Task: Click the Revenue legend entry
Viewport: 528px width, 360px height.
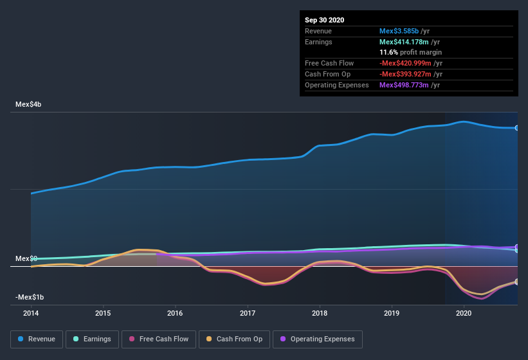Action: pyautogui.click(x=37, y=339)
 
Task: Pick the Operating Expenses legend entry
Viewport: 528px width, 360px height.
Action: pyautogui.click(x=317, y=339)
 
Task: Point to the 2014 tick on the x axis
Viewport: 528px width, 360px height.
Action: pyautogui.click(x=31, y=314)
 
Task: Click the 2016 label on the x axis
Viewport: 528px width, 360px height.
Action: pyautogui.click(x=175, y=314)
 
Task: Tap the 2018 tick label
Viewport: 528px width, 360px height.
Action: pyautogui.click(x=320, y=314)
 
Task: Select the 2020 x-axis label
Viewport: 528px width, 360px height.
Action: pyautogui.click(x=464, y=314)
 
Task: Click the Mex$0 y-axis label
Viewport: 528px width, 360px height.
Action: pyautogui.click(x=26, y=258)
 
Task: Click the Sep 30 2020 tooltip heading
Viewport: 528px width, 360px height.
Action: pyautogui.click(x=325, y=20)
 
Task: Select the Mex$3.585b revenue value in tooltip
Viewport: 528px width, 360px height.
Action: pyautogui.click(x=399, y=31)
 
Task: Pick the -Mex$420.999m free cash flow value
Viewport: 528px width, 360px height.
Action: pyautogui.click(x=406, y=63)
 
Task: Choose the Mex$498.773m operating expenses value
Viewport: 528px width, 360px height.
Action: pyautogui.click(x=405, y=85)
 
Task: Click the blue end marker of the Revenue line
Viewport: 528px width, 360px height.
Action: pyautogui.click(x=517, y=128)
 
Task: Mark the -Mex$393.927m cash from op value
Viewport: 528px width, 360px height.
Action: pyautogui.click(x=406, y=74)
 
